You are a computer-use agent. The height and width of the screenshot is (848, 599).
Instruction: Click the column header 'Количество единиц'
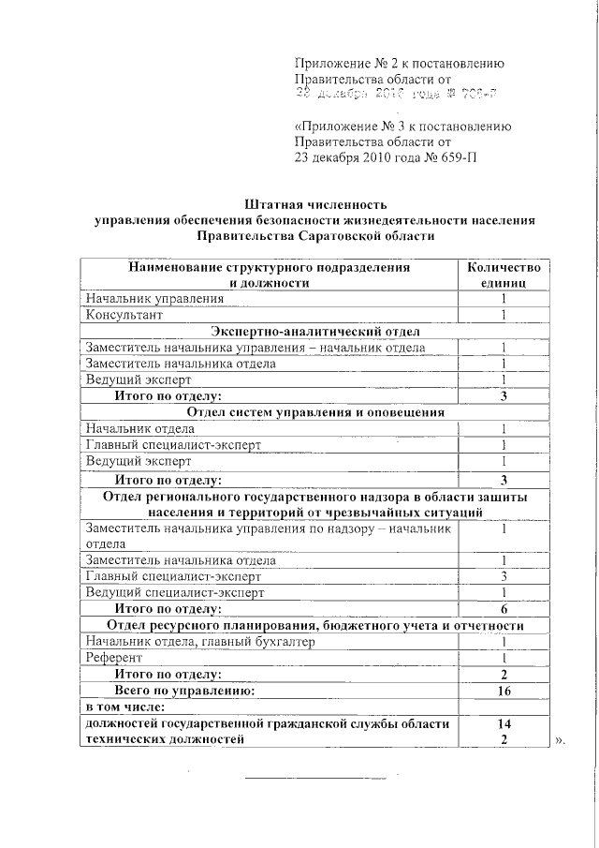(503, 275)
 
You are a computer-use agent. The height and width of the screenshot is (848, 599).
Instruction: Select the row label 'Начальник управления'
(154, 299)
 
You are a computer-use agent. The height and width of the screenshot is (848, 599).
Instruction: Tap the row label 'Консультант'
(124, 315)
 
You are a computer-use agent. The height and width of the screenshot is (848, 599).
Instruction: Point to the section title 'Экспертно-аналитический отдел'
(314, 332)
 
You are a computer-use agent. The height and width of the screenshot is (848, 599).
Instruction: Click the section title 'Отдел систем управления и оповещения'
(314, 412)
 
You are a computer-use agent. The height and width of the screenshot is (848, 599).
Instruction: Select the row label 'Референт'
(111, 658)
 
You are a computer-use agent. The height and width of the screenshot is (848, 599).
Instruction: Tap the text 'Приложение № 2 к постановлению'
(400, 64)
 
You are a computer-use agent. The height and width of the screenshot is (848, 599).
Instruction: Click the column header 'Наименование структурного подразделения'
(270, 267)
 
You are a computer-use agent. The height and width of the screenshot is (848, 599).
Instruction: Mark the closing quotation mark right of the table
(560, 741)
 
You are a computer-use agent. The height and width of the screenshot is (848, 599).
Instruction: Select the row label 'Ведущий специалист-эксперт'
(175, 592)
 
